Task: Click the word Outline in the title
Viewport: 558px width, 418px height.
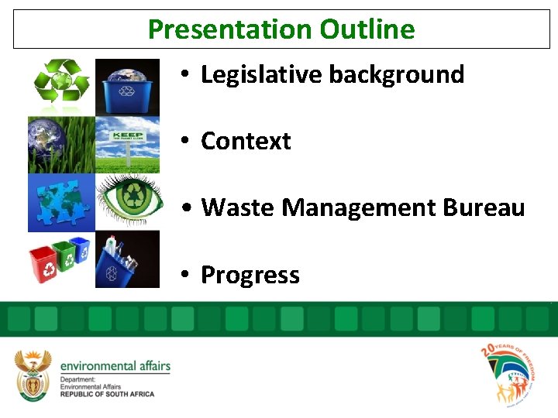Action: pyautogui.click(x=367, y=29)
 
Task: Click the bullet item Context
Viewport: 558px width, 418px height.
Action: pyautogui.click(x=246, y=141)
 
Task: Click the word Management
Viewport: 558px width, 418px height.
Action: pyautogui.click(x=360, y=207)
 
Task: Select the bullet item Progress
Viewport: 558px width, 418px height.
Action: pyautogui.click(x=250, y=275)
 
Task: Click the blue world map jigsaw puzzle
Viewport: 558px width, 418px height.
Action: pyautogui.click(x=61, y=202)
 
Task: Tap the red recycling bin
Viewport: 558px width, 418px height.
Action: pyautogui.click(x=43, y=265)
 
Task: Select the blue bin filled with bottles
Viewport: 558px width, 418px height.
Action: pyautogui.click(x=127, y=259)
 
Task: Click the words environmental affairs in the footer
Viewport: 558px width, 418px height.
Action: pyautogui.click(x=115, y=366)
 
